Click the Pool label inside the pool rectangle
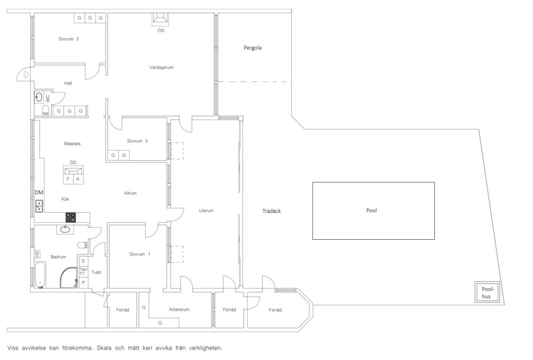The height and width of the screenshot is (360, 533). click(371, 210)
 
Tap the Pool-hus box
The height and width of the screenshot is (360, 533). click(487, 292)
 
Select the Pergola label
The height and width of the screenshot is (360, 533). click(252, 48)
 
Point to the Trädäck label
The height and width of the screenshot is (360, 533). click(271, 211)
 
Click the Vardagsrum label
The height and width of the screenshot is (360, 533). click(161, 67)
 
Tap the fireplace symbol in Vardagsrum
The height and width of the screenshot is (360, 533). click(160, 19)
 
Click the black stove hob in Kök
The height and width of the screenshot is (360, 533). click(71, 218)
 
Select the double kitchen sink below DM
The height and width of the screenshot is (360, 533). click(39, 206)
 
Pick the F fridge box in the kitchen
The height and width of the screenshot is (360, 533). click(68, 179)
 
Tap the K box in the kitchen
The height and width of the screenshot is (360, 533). click(78, 179)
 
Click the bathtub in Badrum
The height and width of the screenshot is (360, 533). click(40, 275)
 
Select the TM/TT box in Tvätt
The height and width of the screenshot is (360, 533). click(84, 272)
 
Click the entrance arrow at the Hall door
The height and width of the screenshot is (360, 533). click(26, 75)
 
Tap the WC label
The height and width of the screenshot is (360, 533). click(48, 99)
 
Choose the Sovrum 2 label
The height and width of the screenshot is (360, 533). click(68, 39)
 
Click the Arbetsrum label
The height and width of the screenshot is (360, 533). click(179, 309)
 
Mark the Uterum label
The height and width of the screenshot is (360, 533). click(206, 210)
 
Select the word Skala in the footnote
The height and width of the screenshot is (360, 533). click(104, 348)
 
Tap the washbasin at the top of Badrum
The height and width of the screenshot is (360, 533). click(65, 229)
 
